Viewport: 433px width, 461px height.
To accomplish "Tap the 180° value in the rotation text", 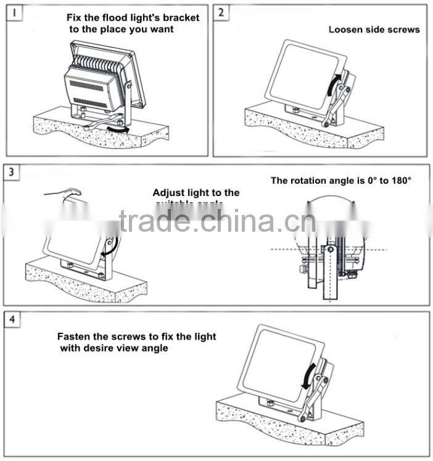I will (x=399, y=181).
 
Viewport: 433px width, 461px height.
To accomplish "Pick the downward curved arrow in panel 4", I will (x=307, y=375).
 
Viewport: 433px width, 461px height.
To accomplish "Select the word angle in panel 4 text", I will (x=154, y=348).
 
